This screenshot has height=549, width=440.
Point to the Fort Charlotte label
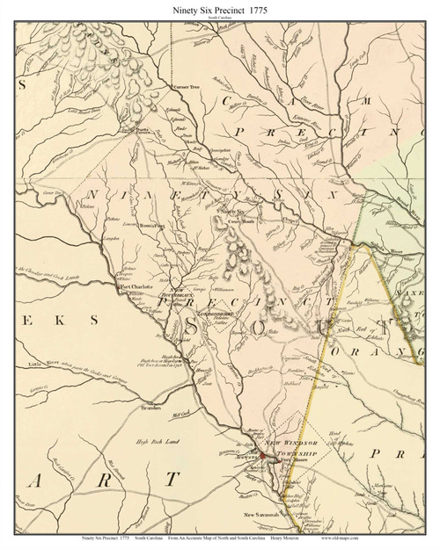coord(137,286)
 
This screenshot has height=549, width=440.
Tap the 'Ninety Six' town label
coord(233,212)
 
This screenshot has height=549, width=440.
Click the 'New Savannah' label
coord(261,514)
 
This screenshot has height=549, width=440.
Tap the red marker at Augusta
coord(261,457)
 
